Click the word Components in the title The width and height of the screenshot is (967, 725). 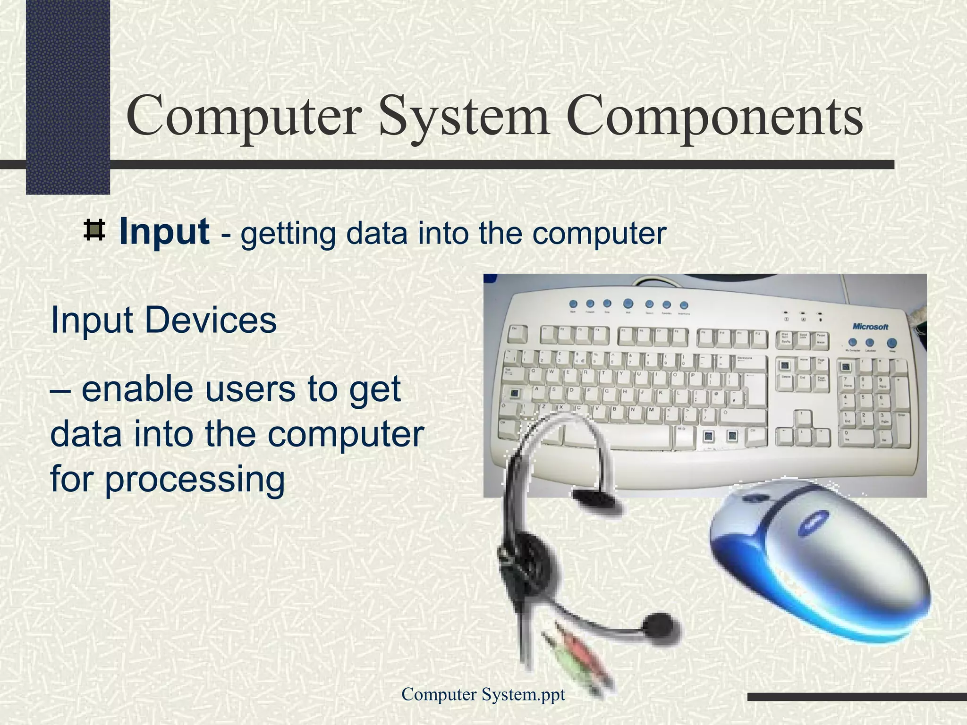tap(715, 116)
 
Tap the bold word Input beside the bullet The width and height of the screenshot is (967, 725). tap(164, 232)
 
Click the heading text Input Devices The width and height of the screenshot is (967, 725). tap(163, 320)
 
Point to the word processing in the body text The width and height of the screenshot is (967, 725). tap(195, 479)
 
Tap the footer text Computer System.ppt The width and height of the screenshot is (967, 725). tap(483, 694)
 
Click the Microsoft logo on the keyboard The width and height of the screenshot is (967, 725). tap(870, 327)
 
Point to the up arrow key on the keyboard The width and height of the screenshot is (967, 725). tap(803, 419)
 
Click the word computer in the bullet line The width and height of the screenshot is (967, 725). tap(599, 233)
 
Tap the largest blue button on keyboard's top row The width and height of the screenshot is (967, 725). tap(628, 303)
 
